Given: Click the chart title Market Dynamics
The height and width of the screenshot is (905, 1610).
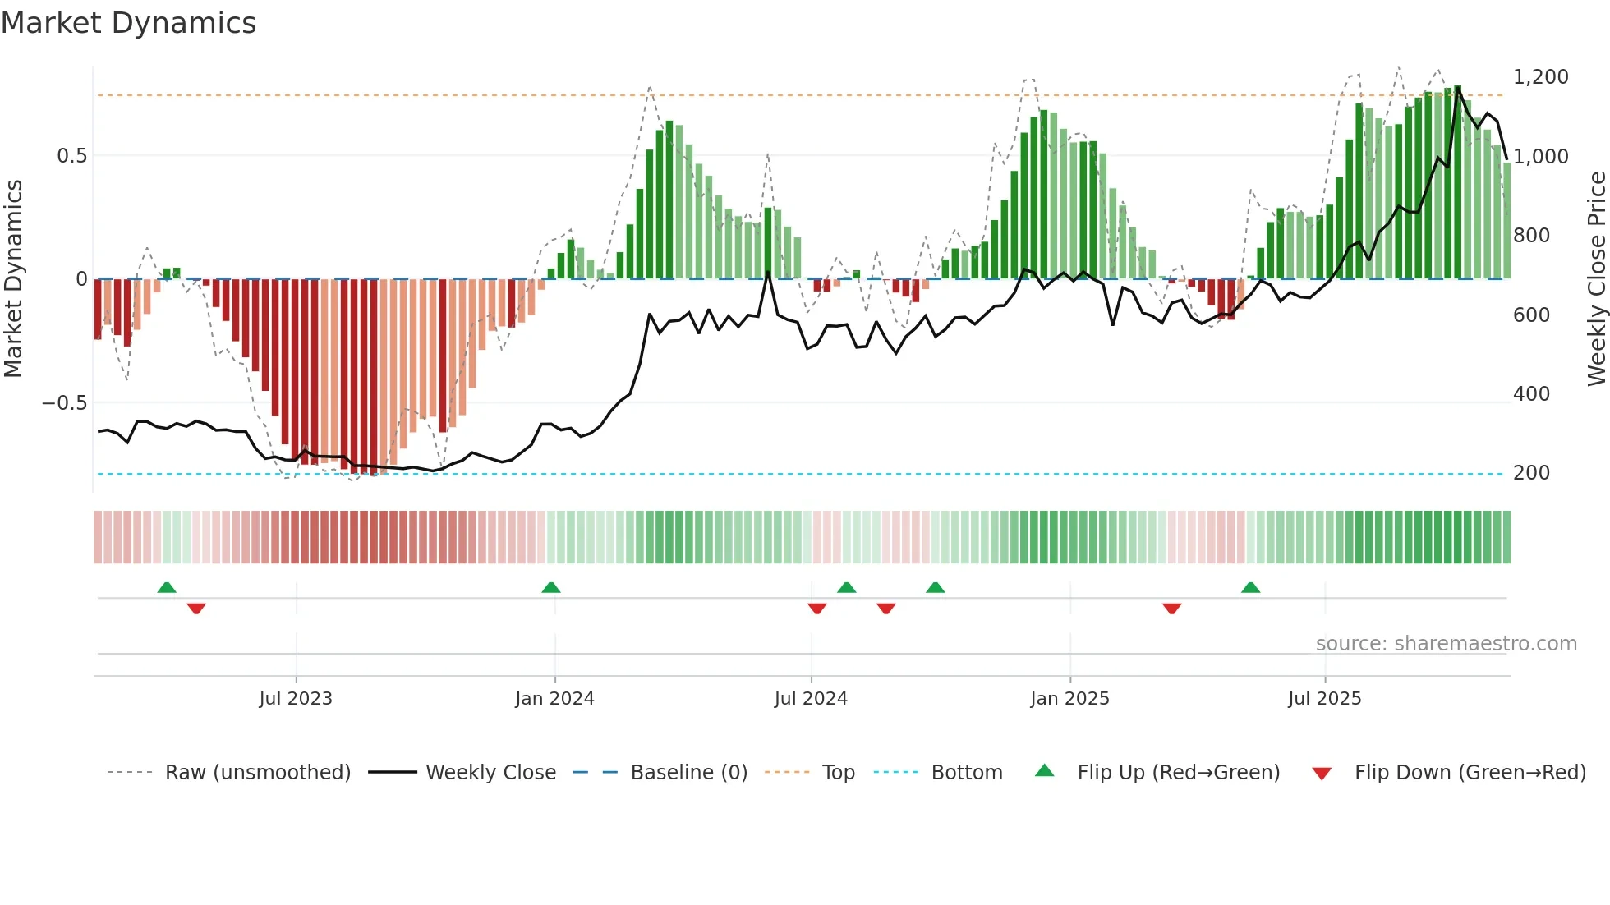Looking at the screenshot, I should tap(128, 23).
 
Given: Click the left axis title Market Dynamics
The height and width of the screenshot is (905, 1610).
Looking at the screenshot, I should tap(13, 279).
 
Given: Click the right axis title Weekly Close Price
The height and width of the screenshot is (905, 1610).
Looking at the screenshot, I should tap(1596, 279).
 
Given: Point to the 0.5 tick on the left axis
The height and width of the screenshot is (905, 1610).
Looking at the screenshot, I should tap(71, 156).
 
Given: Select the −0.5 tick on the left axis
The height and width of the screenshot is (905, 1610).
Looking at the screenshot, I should tap(65, 403).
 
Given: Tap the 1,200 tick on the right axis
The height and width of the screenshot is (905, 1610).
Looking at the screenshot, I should tap(1540, 77).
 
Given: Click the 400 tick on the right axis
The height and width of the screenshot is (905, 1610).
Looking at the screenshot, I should tap(1531, 394).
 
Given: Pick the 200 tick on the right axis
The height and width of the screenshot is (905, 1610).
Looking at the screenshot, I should tap(1531, 473).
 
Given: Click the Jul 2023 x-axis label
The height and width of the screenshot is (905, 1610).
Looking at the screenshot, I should tap(296, 699).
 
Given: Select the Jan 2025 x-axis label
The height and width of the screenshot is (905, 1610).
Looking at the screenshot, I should tap(1069, 699).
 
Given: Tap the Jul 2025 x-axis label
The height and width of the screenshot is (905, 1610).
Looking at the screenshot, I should tap(1324, 699).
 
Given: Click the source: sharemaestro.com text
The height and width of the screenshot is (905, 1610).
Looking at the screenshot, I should tap(1446, 644).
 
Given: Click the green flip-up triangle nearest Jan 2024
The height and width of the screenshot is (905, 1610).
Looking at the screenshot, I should tap(551, 588).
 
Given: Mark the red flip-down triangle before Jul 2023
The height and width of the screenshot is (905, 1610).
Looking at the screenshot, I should tap(196, 609).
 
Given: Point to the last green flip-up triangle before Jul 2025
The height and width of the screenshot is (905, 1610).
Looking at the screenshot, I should tap(1250, 588).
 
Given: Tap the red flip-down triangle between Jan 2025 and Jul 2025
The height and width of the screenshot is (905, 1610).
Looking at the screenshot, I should tap(1172, 609).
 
